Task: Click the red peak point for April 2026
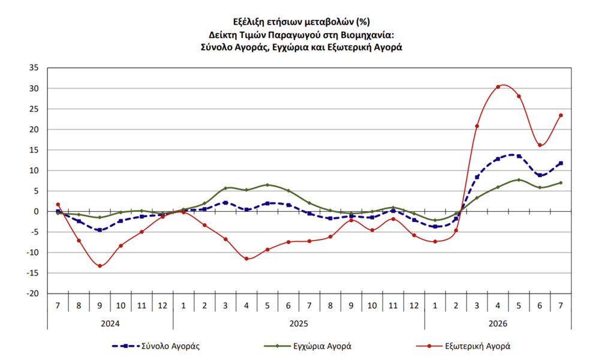498,87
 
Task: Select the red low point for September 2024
100,266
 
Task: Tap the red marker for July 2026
561,115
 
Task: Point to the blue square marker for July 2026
561,163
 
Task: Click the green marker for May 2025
267,185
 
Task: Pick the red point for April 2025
246,259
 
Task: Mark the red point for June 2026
540,145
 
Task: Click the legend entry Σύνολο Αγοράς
156,346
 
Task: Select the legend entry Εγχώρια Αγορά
308,346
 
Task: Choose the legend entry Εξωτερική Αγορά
463,346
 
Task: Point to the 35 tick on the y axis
34,68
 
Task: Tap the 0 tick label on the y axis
37,212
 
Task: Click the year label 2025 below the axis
299,323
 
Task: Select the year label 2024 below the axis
110,323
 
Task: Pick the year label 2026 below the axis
498,323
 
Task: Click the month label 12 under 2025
414,305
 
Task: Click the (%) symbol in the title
363,22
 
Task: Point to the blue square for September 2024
100,230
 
